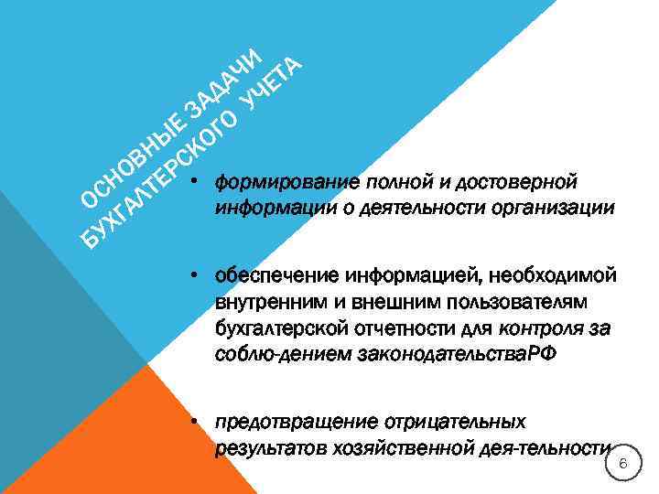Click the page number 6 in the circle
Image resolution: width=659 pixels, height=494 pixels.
pos(622,467)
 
